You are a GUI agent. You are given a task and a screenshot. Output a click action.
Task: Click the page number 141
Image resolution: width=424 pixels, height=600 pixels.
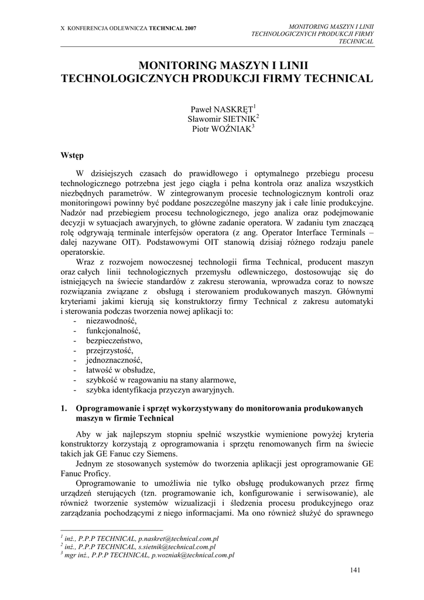click(355, 570)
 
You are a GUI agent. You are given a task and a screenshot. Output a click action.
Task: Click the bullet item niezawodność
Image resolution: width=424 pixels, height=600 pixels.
click(111, 321)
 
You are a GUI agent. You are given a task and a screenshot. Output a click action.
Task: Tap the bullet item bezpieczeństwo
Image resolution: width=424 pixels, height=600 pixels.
click(114, 340)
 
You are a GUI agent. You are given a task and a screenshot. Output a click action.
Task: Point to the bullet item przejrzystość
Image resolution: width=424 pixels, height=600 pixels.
click(110, 350)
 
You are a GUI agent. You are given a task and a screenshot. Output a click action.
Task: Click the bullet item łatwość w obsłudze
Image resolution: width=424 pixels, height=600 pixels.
click(120, 370)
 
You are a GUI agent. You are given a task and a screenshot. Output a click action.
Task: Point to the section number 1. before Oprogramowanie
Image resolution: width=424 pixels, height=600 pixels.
click(64, 408)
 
